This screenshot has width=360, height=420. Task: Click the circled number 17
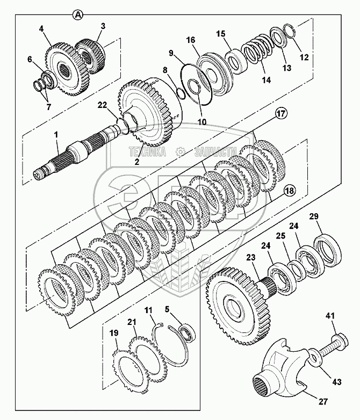click(280, 113)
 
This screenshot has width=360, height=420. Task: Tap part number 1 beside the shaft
click(56, 135)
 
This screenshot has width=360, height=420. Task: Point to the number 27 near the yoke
click(323, 401)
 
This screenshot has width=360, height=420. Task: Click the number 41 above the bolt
click(330, 316)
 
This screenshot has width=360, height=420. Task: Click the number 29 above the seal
click(314, 216)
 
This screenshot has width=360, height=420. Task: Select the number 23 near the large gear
click(251, 258)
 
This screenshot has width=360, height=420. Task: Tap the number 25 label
click(280, 236)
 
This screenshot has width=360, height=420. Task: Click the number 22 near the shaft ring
click(102, 105)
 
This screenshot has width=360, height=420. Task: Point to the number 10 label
click(202, 122)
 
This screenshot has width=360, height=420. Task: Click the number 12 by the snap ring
click(304, 57)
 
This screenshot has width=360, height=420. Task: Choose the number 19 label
click(114, 333)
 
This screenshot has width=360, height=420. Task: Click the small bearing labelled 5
click(188, 333)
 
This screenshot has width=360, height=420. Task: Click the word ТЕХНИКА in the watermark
click(147, 152)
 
